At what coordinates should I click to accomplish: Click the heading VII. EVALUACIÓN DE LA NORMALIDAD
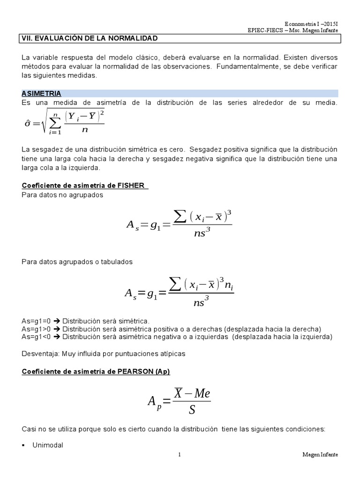[90, 38]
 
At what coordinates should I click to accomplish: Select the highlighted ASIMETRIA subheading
[41, 94]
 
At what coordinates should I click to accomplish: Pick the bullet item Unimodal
[47, 445]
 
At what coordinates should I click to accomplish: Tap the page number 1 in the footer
[180, 455]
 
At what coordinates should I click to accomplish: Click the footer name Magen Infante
[320, 455]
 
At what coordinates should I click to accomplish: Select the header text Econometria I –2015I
[311, 24]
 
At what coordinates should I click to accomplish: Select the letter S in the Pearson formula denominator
[191, 410]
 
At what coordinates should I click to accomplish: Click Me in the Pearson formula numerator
[202, 394]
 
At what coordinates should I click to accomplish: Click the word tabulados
[116, 262]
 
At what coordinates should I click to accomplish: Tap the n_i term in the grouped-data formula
[229, 285]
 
